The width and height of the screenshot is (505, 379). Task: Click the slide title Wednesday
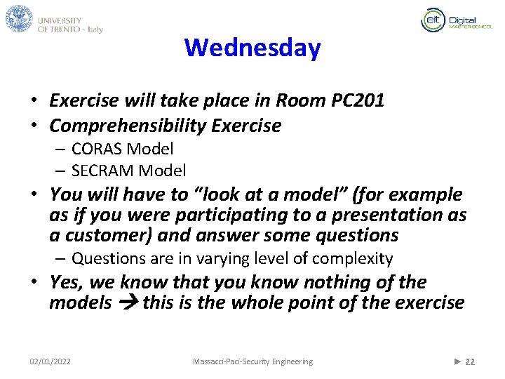point(252,48)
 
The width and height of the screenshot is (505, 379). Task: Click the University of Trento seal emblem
point(19,18)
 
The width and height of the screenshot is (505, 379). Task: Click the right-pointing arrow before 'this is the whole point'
point(127,303)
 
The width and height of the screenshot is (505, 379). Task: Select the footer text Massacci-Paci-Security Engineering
point(252,361)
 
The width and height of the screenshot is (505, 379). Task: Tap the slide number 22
point(470,361)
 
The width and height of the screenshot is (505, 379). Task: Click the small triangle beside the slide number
point(457,361)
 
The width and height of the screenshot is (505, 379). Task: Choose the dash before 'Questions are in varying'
point(61,259)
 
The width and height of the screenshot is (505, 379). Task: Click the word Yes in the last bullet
point(63,282)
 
